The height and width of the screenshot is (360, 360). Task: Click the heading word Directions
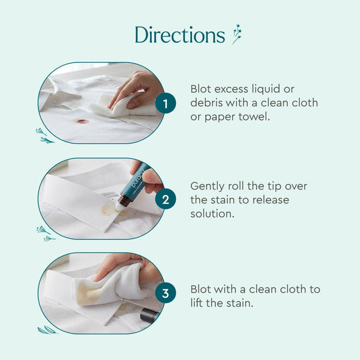coord(179,34)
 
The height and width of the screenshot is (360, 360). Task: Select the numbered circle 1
coord(165,104)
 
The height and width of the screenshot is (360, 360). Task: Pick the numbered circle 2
coord(165,199)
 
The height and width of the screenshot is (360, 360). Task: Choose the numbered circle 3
coord(165,294)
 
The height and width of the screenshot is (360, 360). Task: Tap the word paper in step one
coord(226,117)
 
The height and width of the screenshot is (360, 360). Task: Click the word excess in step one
coord(235,89)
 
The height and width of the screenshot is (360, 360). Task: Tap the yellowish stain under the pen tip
coord(109,210)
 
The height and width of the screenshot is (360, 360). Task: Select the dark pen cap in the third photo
coord(149,315)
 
